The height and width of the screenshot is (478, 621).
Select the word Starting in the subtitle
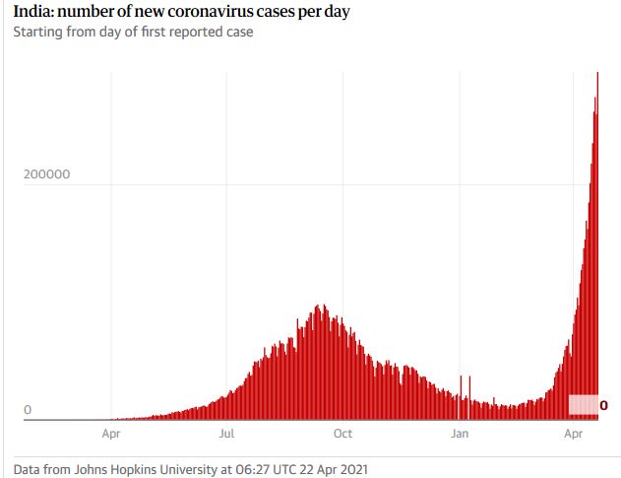tap(37, 33)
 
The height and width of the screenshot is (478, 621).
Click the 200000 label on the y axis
tap(46, 174)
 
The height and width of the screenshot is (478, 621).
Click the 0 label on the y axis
tap(28, 410)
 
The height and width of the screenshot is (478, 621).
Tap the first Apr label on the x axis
tap(111, 433)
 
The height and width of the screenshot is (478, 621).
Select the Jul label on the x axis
tap(226, 433)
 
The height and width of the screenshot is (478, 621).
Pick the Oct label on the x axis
tap(342, 433)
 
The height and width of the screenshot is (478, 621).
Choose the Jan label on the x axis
tap(459, 433)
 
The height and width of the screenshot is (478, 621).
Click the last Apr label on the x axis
tap(573, 433)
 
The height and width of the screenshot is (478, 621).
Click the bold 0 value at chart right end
tap(603, 405)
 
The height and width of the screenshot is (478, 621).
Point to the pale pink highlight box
tap(583, 405)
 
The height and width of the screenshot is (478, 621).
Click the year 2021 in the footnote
tap(351, 469)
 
